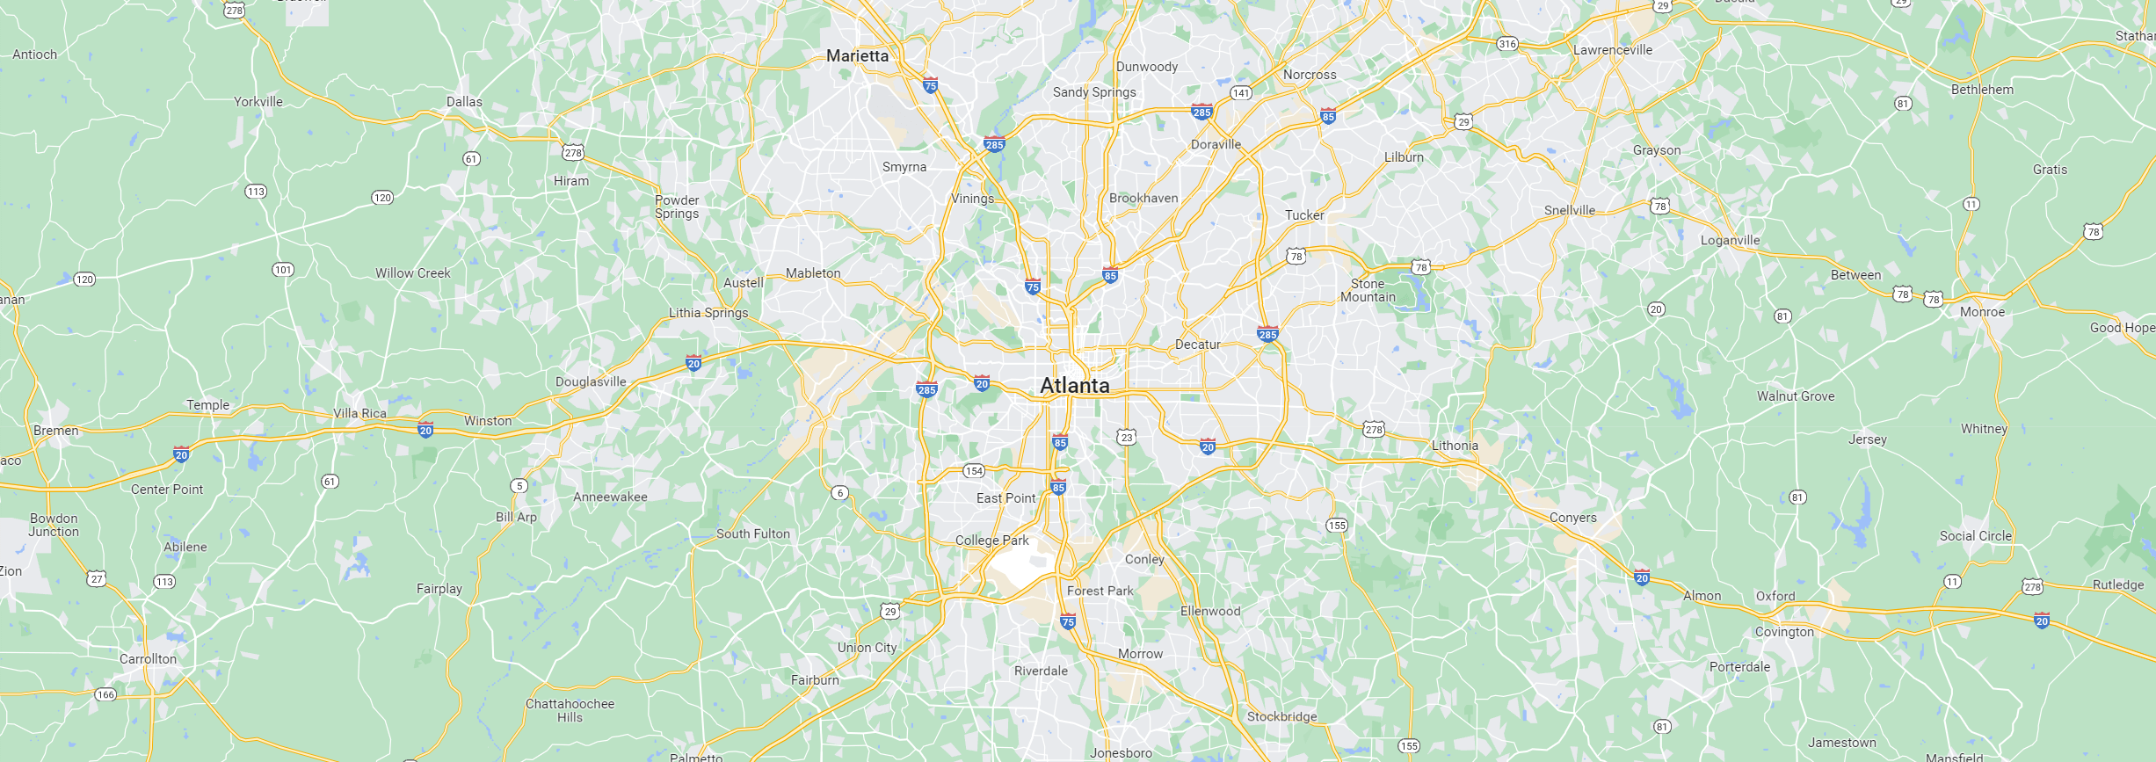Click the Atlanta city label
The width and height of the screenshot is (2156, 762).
click(x=1074, y=385)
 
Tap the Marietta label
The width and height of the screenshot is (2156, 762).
click(x=857, y=55)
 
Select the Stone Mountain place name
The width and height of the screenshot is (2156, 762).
click(x=1368, y=290)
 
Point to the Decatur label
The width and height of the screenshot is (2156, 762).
click(x=1197, y=345)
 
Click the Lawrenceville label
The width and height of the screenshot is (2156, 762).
click(x=1612, y=50)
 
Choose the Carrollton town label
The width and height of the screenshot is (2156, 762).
click(x=148, y=659)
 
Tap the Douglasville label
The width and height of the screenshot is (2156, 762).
click(x=591, y=381)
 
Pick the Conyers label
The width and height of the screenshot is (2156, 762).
click(x=1572, y=518)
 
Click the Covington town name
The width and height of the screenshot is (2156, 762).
click(x=1783, y=632)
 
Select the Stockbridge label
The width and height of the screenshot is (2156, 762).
click(x=1281, y=716)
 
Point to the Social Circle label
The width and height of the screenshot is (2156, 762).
click(x=1975, y=536)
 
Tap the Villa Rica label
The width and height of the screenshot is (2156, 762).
click(x=359, y=413)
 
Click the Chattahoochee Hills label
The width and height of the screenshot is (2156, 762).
click(x=570, y=710)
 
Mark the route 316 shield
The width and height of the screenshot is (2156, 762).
click(x=1507, y=43)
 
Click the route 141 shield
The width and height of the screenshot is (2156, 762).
click(x=1240, y=92)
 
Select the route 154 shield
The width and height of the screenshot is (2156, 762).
click(x=974, y=471)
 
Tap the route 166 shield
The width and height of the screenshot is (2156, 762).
click(x=105, y=694)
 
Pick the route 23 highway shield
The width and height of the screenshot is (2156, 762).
click(x=1126, y=437)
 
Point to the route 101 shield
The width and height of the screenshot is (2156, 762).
click(x=282, y=270)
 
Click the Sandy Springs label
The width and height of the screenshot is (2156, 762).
click(x=1094, y=92)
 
